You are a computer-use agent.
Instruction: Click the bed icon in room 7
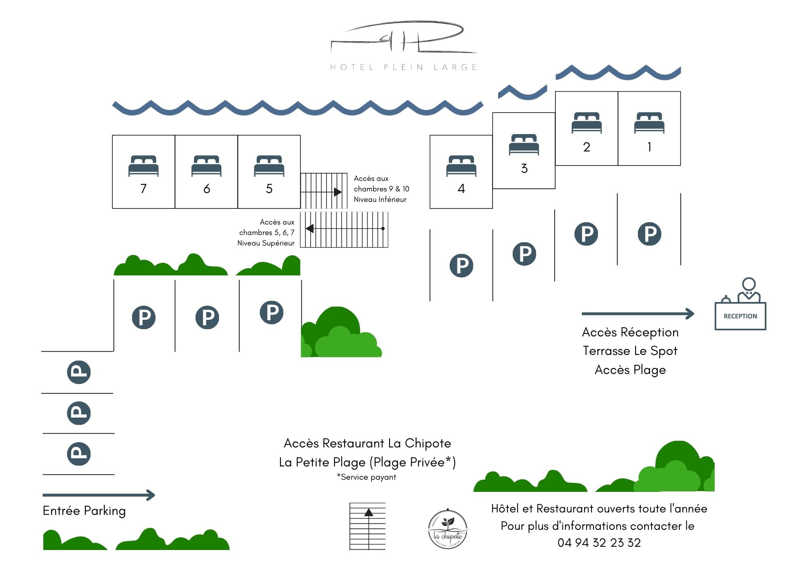pyautogui.click(x=143, y=166)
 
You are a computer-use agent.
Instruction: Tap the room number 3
pyautogui.click(x=524, y=168)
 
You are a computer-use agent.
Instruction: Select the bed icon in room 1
pyautogui.click(x=649, y=122)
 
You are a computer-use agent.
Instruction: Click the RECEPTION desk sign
pyautogui.click(x=740, y=316)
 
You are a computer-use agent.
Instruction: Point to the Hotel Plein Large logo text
pyautogui.click(x=404, y=67)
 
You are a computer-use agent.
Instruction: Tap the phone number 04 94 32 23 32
pyautogui.click(x=599, y=543)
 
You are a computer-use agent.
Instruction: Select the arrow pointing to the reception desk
pyautogui.click(x=638, y=313)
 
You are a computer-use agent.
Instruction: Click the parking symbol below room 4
pyautogui.click(x=461, y=265)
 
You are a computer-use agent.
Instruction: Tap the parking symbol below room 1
pyautogui.click(x=649, y=234)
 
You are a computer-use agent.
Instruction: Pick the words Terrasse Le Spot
pyautogui.click(x=630, y=351)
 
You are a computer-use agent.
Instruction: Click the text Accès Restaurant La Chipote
pyautogui.click(x=367, y=443)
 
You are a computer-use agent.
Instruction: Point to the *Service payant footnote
pyautogui.click(x=366, y=477)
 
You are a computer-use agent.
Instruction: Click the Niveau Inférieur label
pyautogui.click(x=380, y=199)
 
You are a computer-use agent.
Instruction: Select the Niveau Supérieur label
pyautogui.click(x=266, y=243)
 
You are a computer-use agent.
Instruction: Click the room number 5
pyautogui.click(x=269, y=189)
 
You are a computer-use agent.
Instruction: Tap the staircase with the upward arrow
pyautogui.click(x=368, y=526)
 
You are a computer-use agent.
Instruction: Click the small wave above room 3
pyautogui.click(x=522, y=92)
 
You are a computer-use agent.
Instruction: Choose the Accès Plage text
pyautogui.click(x=630, y=369)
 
